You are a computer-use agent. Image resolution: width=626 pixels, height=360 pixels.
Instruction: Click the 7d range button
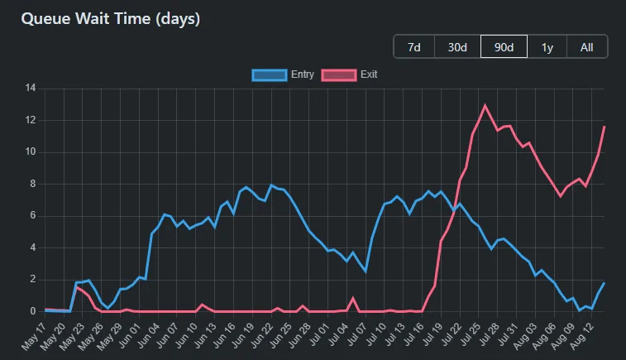point(414,47)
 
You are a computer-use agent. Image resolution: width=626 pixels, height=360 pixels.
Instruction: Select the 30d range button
point(458,47)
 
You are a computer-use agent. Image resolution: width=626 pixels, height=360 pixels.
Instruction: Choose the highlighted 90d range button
point(504,47)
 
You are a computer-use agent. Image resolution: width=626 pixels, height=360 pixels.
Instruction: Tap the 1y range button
point(547,47)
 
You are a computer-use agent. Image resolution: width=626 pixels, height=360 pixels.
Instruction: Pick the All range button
point(586,47)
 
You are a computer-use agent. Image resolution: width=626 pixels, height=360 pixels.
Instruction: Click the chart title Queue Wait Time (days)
point(110,17)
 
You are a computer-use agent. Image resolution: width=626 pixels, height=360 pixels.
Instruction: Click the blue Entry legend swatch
point(269,74)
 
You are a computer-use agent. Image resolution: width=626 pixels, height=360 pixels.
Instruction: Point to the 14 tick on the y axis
point(30,88)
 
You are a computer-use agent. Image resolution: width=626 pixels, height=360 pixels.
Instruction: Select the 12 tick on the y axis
point(30,120)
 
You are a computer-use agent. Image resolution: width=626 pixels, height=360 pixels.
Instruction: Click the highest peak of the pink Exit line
point(485,105)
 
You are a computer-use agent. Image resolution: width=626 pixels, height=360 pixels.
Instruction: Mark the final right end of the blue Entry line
point(604,283)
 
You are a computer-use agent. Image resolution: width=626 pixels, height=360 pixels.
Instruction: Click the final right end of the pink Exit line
point(604,127)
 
